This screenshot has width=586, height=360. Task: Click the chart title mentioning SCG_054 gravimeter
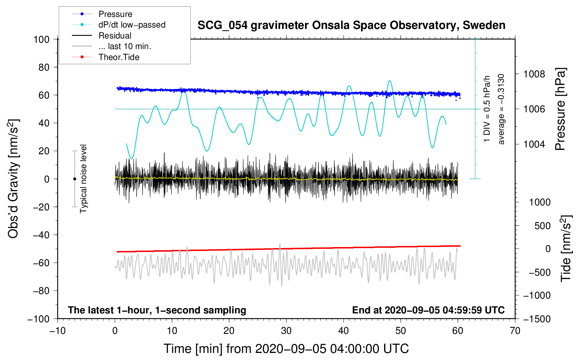(x=351, y=25)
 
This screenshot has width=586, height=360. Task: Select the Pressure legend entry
(x=115, y=14)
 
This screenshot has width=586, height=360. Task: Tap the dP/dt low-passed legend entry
(x=132, y=25)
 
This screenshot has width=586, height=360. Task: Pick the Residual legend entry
(x=115, y=36)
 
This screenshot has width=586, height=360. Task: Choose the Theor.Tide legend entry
(x=119, y=57)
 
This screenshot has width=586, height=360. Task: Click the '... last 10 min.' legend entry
(x=125, y=46)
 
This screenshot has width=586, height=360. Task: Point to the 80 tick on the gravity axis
(x=44, y=67)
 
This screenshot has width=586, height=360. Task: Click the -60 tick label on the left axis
(x=41, y=263)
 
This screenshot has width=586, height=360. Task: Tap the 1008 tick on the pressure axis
(x=534, y=74)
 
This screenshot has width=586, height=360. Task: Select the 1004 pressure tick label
(x=534, y=144)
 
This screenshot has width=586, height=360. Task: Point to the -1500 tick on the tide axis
(x=537, y=319)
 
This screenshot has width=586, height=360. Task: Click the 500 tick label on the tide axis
(x=542, y=226)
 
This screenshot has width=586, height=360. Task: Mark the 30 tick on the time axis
(x=286, y=331)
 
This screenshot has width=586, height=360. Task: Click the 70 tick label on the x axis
(x=515, y=331)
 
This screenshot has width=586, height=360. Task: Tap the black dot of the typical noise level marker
(x=74, y=179)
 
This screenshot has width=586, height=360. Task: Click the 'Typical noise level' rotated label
(x=83, y=179)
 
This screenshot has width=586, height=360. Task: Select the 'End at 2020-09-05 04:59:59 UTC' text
(x=428, y=310)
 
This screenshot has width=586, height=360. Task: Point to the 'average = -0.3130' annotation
(x=501, y=109)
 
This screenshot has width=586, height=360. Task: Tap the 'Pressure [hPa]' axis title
(x=560, y=109)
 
